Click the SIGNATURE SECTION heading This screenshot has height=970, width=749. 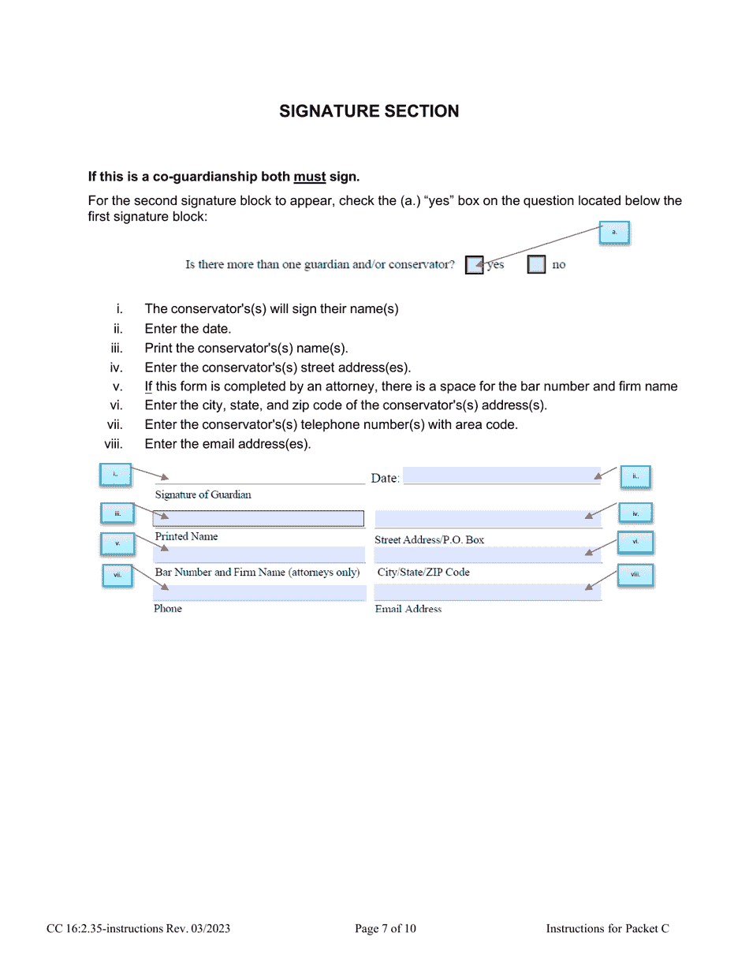click(369, 111)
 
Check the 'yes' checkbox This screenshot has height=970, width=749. click(474, 265)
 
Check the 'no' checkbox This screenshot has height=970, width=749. click(536, 265)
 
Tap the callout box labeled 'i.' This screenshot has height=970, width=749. click(115, 475)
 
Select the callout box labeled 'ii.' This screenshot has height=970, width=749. click(635, 476)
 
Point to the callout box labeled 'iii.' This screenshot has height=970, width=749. click(117, 514)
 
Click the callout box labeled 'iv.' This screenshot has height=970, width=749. click(635, 514)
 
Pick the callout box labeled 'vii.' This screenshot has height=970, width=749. click(117, 576)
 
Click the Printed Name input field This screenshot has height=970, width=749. click(258, 518)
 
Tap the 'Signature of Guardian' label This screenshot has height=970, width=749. click(203, 495)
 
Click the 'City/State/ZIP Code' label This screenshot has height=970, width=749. click(423, 573)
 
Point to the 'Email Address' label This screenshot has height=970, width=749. click(408, 609)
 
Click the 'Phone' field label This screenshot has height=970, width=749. click(168, 609)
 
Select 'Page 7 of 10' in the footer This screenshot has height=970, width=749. click(386, 929)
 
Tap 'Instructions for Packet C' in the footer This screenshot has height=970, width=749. click(607, 929)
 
